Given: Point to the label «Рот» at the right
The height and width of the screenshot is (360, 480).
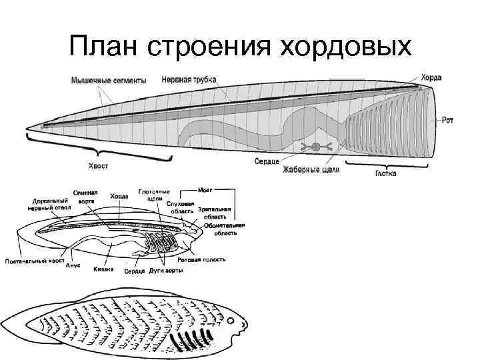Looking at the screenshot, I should point(449,121).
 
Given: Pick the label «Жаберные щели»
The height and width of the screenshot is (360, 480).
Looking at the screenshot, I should point(311,170).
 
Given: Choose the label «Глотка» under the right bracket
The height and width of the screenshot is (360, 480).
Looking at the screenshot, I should point(383,173).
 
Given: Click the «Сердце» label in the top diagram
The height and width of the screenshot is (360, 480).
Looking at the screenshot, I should point(267,161).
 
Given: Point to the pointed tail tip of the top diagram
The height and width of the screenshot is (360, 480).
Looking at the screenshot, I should point(27,128).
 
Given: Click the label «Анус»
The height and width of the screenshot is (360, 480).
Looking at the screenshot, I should point(73,265).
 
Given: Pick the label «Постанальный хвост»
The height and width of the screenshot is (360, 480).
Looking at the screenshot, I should point(34,260).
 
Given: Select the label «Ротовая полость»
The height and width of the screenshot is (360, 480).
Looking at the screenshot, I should point(205,259).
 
